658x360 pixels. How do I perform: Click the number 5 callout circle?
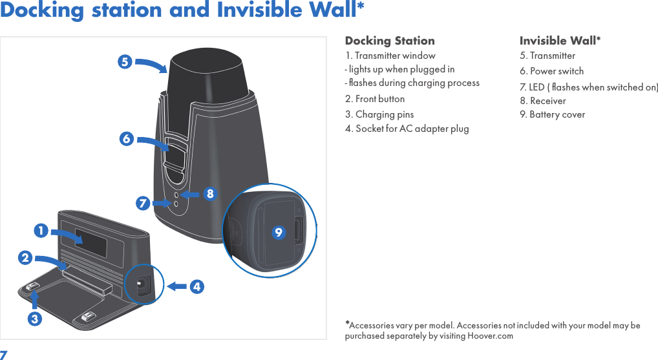pos(125,62)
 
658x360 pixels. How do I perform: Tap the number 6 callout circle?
pos(126,139)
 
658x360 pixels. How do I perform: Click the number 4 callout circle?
pos(196,286)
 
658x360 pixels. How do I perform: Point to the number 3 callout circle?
pos(35,319)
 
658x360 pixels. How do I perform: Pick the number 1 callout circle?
pos(41,230)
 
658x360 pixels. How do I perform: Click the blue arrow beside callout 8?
pos(189,193)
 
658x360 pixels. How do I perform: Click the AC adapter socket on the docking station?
pos(140,283)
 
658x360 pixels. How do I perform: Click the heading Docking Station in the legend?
pos(390,41)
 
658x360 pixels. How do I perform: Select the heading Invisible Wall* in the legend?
pos(560,41)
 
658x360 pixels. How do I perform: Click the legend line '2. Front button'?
pos(375,99)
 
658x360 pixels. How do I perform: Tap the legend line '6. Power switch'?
pos(551,71)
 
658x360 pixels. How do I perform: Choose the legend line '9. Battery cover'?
pos(552,114)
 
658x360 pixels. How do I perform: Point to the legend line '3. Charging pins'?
pos(379,114)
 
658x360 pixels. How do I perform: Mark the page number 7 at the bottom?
pos(4,355)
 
